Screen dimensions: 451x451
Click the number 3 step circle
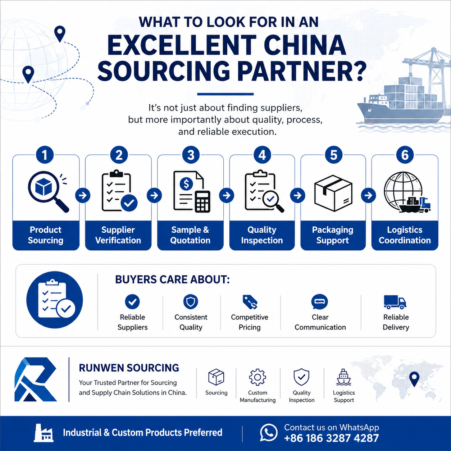(191, 155)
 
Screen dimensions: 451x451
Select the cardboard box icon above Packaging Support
(333, 193)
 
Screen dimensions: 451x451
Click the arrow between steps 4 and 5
(297, 195)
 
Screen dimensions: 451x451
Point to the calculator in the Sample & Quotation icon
(203, 201)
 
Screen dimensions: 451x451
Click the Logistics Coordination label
(405, 235)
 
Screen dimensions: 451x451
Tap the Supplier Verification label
(118, 235)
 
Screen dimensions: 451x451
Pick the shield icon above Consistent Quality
(191, 301)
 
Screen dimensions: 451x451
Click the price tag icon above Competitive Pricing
(250, 302)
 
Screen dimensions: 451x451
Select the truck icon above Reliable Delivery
(395, 302)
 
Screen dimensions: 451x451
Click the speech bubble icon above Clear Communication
(319, 302)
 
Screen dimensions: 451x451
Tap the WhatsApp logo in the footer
(269, 433)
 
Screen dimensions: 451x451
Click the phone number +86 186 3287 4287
(331, 438)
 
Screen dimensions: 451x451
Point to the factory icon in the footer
(44, 433)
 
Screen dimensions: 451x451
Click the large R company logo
(36, 379)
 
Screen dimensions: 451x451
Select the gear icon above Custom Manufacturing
(258, 377)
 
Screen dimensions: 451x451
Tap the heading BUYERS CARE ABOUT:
(173, 279)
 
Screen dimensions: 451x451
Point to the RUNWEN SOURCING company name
(129, 368)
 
